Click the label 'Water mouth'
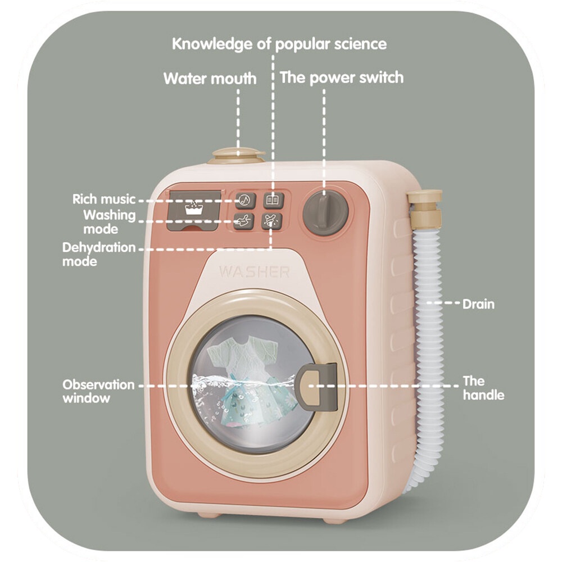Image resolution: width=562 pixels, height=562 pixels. (210, 78)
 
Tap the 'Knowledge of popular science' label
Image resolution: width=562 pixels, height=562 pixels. (279, 44)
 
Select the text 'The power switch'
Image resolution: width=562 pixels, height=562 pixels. (342, 77)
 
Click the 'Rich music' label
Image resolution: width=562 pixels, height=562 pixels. (104, 200)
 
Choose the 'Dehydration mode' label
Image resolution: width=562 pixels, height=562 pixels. (98, 254)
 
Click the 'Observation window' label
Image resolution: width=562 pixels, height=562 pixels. (98, 392)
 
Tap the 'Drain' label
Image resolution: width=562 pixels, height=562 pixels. (478, 305)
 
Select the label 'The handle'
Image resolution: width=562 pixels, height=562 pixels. (483, 388)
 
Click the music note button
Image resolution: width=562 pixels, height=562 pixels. (245, 200)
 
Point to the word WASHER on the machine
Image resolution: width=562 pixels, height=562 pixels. (254, 273)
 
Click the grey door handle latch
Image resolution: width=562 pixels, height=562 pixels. (318, 386)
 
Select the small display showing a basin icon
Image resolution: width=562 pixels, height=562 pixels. (194, 209)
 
